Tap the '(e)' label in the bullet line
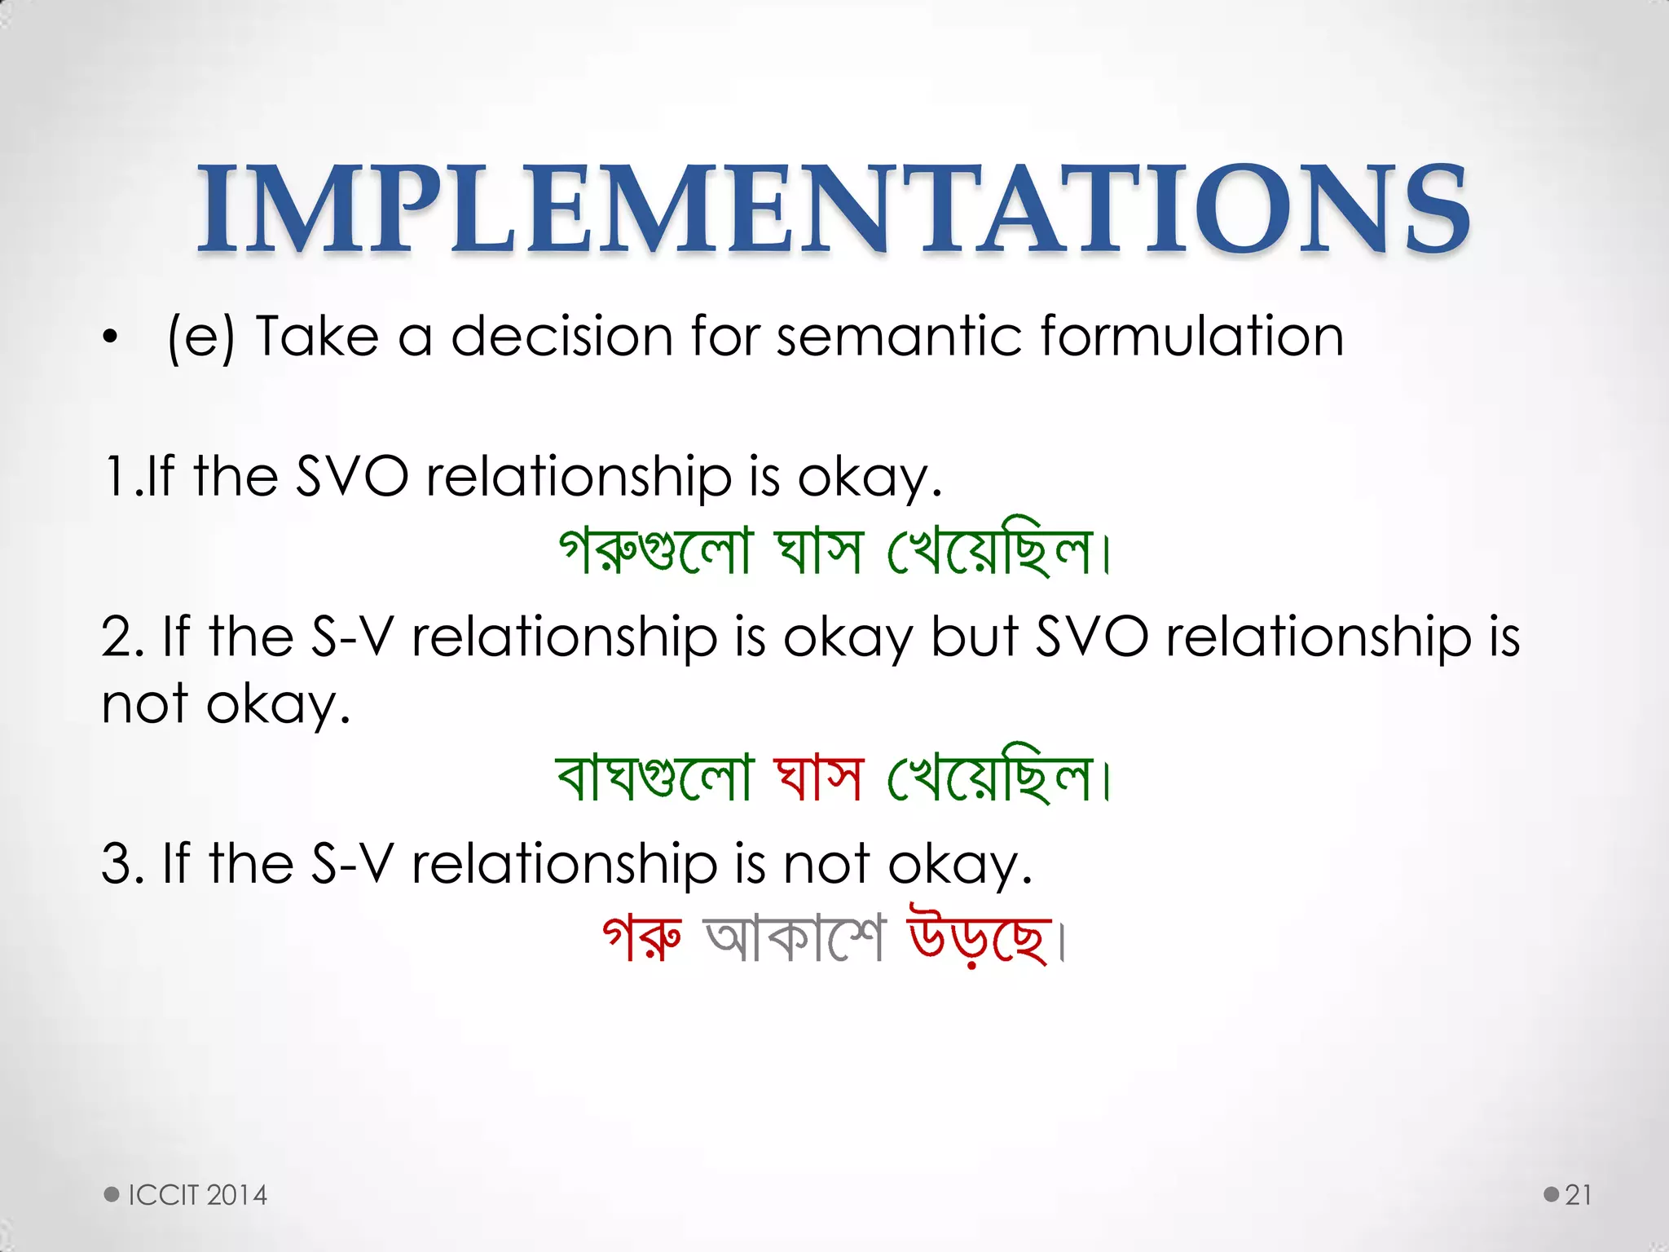point(200,337)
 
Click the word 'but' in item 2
point(974,637)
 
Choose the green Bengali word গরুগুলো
point(654,550)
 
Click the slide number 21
point(1578,1195)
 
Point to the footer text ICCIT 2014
point(198,1195)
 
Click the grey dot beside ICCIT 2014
point(112,1195)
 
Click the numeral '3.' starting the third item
point(123,864)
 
